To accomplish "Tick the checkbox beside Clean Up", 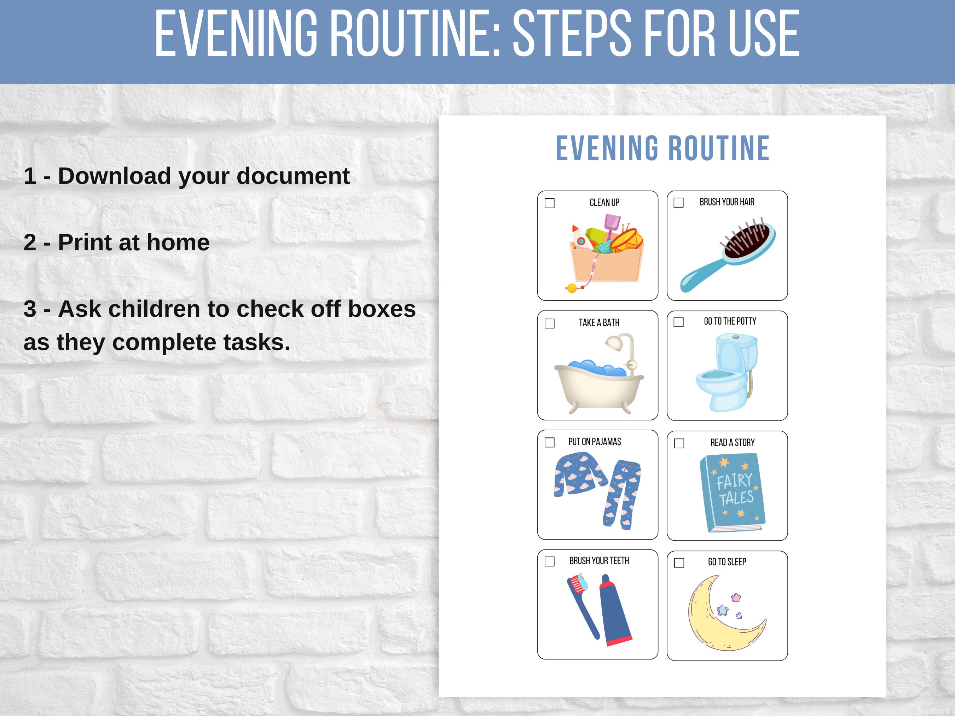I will click(550, 203).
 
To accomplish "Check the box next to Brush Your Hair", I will click(679, 202).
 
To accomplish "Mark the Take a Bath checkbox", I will click(550, 323).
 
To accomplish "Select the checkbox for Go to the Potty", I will click(679, 322).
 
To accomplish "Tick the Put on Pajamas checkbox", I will click(550, 442).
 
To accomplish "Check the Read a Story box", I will click(679, 443).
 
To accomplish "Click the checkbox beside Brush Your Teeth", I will click(550, 561).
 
